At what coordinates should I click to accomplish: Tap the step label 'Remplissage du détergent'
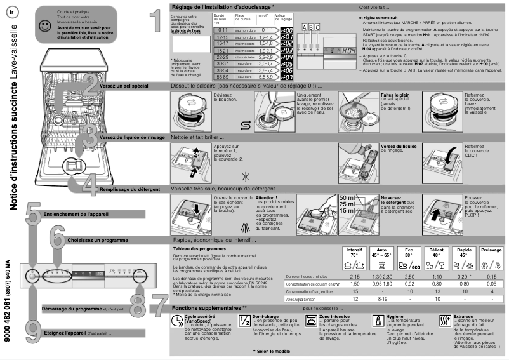tap(132, 189)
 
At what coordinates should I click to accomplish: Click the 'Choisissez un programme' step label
tap(95, 241)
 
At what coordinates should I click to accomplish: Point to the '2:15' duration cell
tap(355, 277)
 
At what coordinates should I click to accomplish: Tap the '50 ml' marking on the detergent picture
tap(347, 198)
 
